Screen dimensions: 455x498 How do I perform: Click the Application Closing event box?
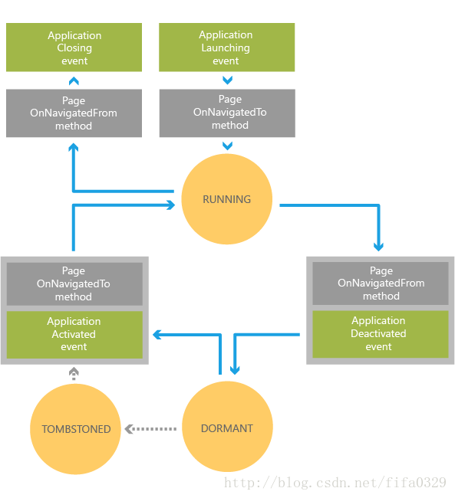(x=74, y=48)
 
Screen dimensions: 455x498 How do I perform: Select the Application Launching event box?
(x=227, y=48)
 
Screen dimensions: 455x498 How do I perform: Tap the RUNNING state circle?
(x=227, y=199)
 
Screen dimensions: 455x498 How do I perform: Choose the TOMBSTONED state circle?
(x=75, y=429)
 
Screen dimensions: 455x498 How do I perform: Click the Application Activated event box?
(x=74, y=335)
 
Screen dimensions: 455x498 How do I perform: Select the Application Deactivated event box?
(x=381, y=334)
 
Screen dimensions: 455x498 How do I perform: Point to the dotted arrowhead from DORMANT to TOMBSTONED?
(x=129, y=429)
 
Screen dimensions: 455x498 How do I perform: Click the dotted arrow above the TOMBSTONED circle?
(x=74, y=374)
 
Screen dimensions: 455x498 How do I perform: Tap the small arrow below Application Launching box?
(x=227, y=80)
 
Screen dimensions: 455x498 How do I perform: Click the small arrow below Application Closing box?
(x=74, y=81)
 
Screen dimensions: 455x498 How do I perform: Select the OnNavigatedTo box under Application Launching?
(x=227, y=113)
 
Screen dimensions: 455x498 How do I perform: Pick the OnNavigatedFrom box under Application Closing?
(x=74, y=113)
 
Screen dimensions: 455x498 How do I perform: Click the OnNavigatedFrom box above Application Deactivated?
(x=381, y=283)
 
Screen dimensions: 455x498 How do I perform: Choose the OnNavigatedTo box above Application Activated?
(x=74, y=284)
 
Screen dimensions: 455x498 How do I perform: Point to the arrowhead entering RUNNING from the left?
(x=171, y=205)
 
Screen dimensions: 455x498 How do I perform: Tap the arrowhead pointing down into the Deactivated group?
(x=378, y=247)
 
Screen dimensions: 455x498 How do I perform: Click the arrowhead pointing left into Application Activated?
(x=157, y=335)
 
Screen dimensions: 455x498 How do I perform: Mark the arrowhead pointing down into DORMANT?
(x=235, y=370)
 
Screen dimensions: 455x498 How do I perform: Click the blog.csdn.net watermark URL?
(x=335, y=483)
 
